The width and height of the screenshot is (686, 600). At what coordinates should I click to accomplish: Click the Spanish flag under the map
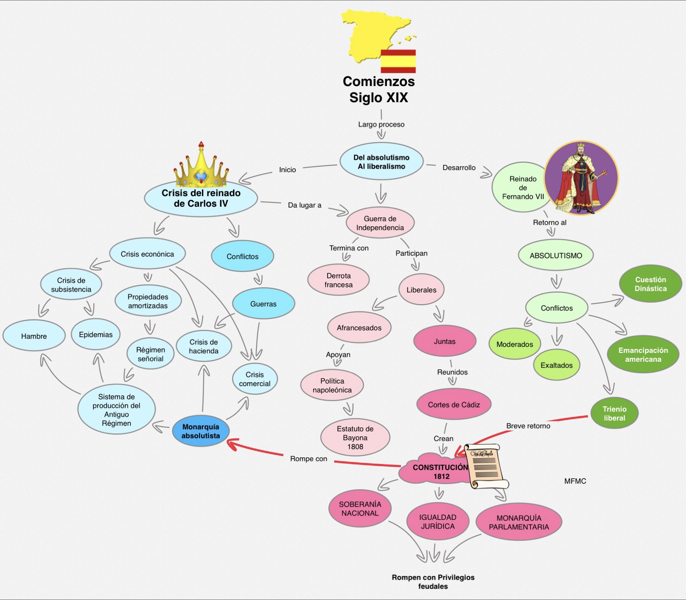398,61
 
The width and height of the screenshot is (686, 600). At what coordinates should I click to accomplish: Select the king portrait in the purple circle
581,178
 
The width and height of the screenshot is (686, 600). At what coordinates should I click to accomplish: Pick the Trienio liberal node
614,413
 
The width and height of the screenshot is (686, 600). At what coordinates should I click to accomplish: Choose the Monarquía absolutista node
201,431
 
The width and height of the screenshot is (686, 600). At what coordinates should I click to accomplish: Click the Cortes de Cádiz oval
454,404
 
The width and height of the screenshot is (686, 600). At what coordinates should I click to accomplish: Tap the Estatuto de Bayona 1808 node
355,438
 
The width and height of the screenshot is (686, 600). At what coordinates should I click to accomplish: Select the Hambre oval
34,336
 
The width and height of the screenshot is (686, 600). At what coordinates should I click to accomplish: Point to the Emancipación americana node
643,355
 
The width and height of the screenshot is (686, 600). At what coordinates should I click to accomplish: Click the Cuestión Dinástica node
650,284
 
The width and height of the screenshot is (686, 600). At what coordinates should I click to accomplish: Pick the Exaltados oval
556,365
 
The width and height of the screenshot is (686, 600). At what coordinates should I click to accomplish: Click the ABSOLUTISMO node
556,255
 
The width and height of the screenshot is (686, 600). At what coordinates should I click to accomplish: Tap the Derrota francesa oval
338,280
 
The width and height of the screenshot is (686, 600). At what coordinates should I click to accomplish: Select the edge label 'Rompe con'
308,459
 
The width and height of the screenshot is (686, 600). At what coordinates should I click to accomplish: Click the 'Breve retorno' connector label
528,426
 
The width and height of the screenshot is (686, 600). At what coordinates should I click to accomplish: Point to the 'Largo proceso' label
381,124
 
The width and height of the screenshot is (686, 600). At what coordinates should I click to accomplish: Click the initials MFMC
575,481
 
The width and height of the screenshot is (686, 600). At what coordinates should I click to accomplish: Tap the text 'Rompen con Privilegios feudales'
433,582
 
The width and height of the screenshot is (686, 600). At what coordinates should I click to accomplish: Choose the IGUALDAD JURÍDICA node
438,522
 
